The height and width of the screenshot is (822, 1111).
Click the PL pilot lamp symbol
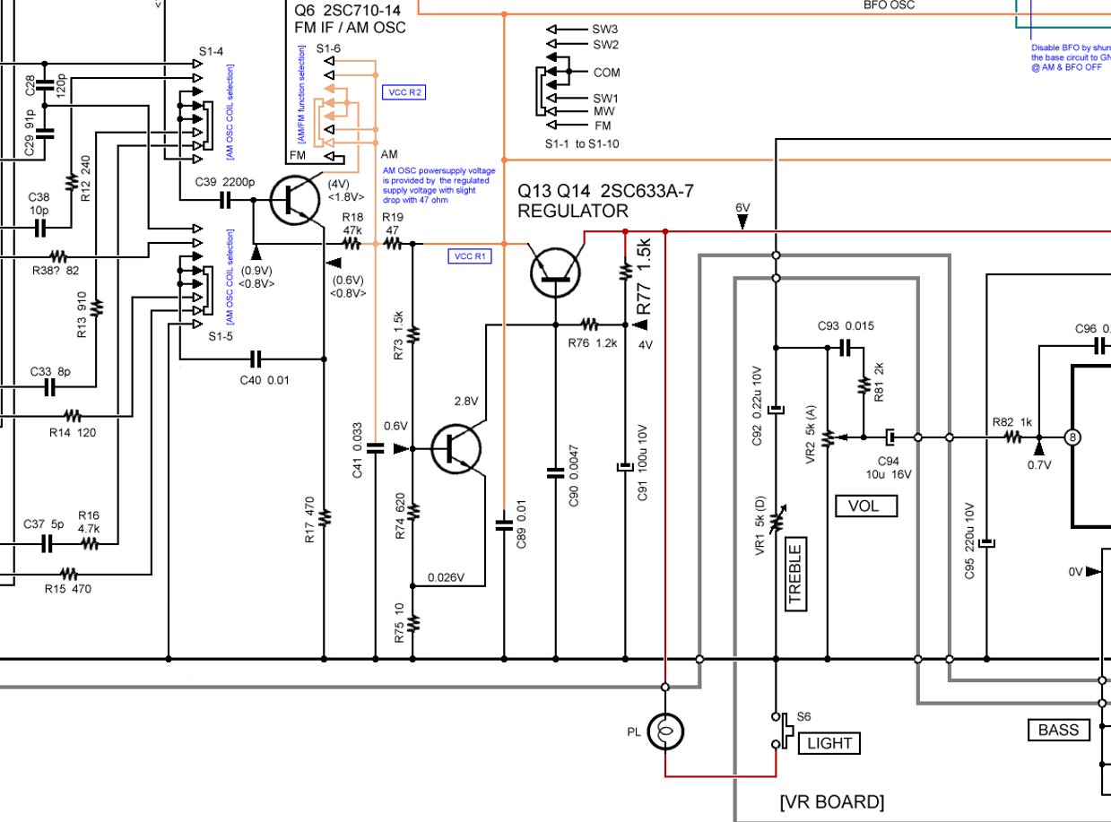pyautogui.click(x=665, y=731)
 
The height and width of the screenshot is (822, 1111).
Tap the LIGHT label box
pyautogui.click(x=829, y=742)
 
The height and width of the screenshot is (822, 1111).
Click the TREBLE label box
pyautogui.click(x=794, y=573)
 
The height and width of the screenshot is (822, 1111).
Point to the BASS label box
pyautogui.click(x=1057, y=730)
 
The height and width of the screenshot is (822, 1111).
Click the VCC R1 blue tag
pyautogui.click(x=469, y=256)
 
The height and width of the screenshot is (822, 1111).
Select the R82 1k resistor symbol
pyautogui.click(x=1012, y=437)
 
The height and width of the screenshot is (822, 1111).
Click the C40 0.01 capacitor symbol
pyautogui.click(x=256, y=359)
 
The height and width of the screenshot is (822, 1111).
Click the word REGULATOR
pyautogui.click(x=572, y=212)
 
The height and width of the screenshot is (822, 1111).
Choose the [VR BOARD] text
pyautogui.click(x=832, y=800)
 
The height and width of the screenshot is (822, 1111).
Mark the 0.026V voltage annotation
pyautogui.click(x=446, y=576)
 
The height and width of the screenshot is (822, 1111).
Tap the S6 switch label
pyautogui.click(x=804, y=716)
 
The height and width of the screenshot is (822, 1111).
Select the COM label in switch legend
pyautogui.click(x=606, y=72)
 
